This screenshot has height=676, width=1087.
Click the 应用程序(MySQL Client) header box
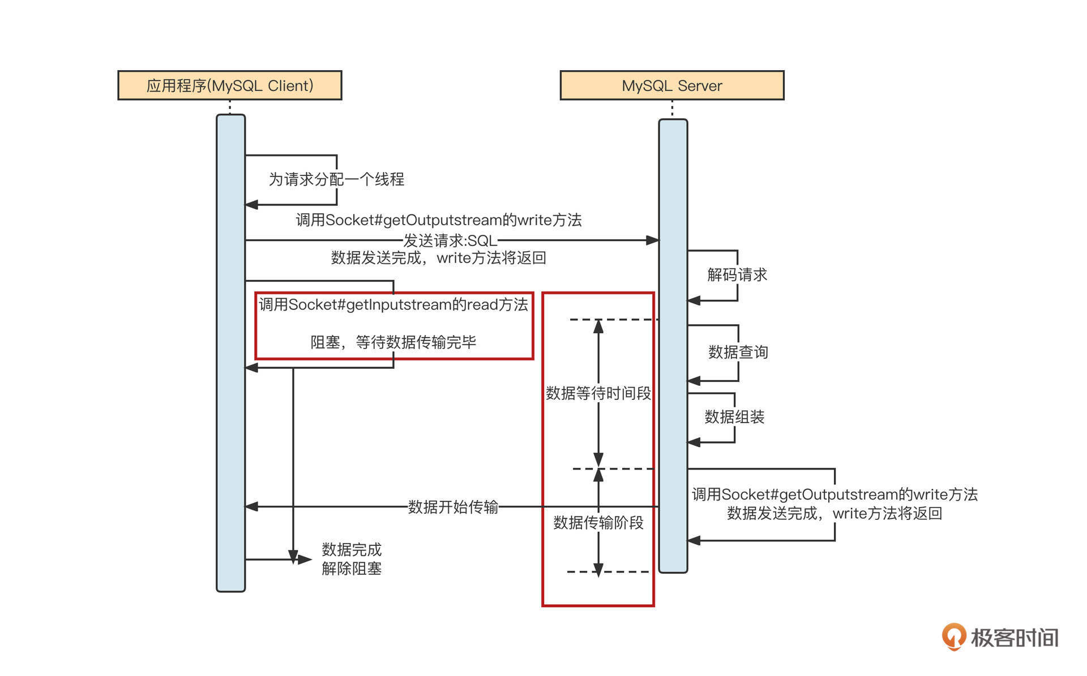pyautogui.click(x=229, y=85)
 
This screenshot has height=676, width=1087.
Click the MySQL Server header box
pyautogui.click(x=672, y=85)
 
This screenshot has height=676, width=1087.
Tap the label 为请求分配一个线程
pyautogui.click(x=336, y=179)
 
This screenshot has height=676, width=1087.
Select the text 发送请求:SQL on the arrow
pyautogui.click(x=450, y=240)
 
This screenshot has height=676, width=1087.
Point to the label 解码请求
pyautogui.click(x=737, y=275)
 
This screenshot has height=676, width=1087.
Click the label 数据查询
pyautogui.click(x=738, y=352)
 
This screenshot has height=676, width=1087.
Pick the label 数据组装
pyautogui.click(x=734, y=417)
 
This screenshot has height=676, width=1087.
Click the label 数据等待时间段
pyautogui.click(x=598, y=393)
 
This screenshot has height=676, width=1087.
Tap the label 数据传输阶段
pyautogui.click(x=598, y=522)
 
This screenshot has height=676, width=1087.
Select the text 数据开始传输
pyautogui.click(x=453, y=507)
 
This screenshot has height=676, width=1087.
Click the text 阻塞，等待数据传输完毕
pyautogui.click(x=393, y=342)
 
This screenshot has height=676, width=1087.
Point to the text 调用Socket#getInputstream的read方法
pyautogui.click(x=393, y=305)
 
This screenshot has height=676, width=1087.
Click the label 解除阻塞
pyautogui.click(x=352, y=569)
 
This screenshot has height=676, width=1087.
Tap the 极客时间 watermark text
pyautogui.click(x=1015, y=638)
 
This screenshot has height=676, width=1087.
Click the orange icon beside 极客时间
pyautogui.click(x=954, y=636)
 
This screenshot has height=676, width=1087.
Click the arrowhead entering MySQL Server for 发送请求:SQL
pyautogui.click(x=653, y=240)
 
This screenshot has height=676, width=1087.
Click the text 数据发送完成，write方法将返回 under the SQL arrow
pyautogui.click(x=439, y=258)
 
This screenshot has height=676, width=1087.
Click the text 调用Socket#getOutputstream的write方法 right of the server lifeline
pyautogui.click(x=834, y=494)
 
